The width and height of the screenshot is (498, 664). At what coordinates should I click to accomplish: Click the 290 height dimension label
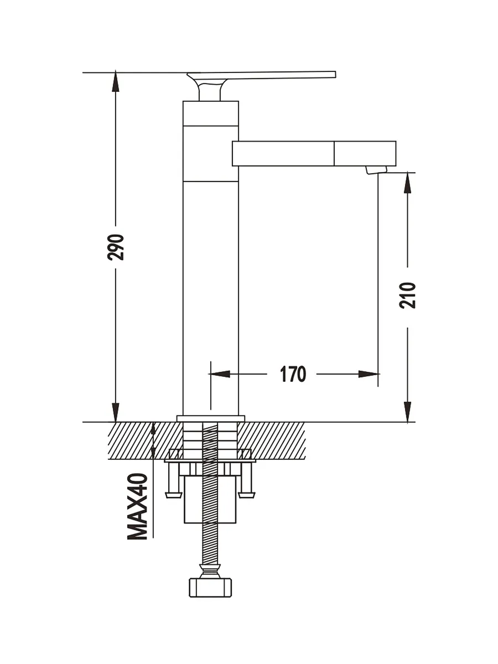tap(116, 247)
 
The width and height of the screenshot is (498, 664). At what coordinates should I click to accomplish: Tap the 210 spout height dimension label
tap(407, 295)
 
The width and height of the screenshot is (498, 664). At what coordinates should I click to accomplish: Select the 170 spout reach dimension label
tap(293, 374)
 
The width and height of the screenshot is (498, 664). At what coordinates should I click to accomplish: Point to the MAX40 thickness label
tap(138, 506)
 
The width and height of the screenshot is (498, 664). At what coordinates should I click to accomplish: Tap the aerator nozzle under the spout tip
tap(376, 170)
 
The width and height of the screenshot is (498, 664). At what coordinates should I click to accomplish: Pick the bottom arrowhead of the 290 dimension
tap(116, 412)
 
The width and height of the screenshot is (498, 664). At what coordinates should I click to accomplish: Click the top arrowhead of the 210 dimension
tap(408, 183)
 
